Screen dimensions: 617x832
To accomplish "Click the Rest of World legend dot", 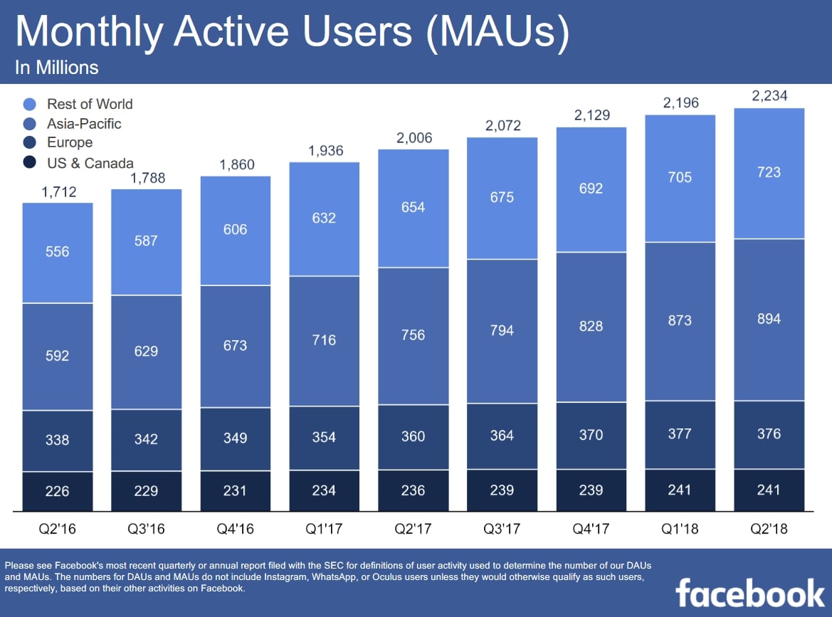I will tap(29, 105).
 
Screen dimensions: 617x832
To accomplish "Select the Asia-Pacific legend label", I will tap(84, 124).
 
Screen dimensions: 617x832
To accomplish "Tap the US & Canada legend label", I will tap(90, 163).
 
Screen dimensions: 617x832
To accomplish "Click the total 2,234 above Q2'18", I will tap(769, 96).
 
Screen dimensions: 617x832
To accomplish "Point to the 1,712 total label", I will tap(58, 191).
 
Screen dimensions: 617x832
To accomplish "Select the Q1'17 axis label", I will tap(324, 529).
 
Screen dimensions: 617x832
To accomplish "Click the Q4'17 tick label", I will tap(591, 529).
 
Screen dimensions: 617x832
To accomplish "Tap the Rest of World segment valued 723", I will tap(769, 173).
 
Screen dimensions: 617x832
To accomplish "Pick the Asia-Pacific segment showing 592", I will tap(58, 356).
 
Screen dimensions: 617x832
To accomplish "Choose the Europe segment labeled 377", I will tap(680, 433).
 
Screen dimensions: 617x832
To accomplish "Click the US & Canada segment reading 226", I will tap(58, 491).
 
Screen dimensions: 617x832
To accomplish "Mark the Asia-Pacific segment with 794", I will tap(502, 331).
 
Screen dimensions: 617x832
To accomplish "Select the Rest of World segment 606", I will tap(235, 230).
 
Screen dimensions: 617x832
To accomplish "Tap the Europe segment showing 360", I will tap(413, 436).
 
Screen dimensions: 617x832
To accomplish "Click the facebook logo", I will tap(749, 592).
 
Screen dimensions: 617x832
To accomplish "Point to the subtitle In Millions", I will tap(56, 68).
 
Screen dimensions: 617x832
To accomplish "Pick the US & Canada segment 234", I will tap(324, 490).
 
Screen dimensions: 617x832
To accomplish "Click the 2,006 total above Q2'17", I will tap(413, 138).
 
